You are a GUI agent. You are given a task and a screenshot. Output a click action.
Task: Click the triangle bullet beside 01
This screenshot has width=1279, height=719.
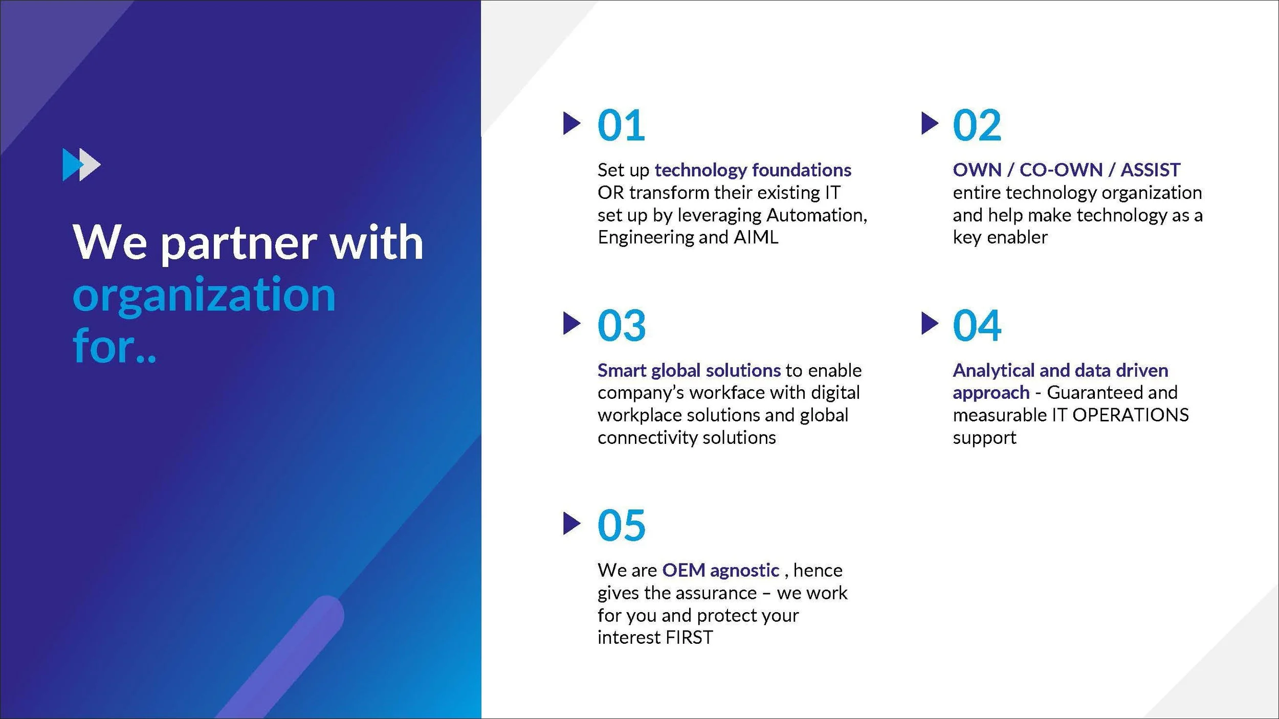tap(571, 123)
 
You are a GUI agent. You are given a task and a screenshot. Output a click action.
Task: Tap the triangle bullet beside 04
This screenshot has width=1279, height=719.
tap(930, 323)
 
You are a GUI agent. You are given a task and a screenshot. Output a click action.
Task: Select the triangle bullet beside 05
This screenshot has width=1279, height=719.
tap(571, 523)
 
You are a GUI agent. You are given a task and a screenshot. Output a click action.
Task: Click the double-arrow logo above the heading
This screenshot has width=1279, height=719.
tap(81, 165)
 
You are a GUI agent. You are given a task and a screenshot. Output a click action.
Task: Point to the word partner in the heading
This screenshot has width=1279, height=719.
tap(239, 244)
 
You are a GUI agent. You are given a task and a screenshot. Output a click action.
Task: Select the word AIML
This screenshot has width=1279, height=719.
tap(756, 237)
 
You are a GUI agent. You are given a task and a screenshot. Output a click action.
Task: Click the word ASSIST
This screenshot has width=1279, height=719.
tap(1151, 170)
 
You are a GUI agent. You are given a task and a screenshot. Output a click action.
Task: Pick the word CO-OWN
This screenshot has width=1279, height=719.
tap(1061, 170)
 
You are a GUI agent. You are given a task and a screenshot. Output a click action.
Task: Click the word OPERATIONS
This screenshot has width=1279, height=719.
tap(1131, 415)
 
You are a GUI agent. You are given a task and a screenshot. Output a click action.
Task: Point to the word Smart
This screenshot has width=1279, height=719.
tap(622, 370)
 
